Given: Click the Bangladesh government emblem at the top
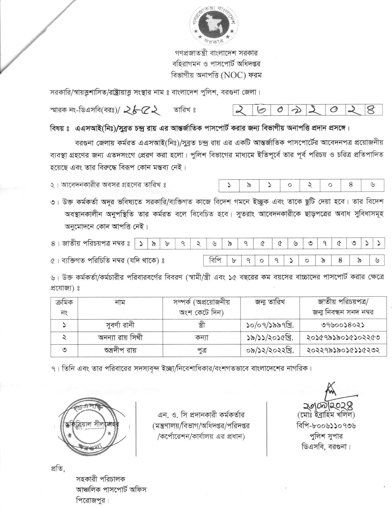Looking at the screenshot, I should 213,24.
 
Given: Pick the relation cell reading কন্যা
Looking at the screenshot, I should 202,337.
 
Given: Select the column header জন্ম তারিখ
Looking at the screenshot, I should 270,302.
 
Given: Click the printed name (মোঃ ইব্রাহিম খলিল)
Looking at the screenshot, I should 326,415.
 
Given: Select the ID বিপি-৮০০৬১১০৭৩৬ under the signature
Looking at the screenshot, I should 326,425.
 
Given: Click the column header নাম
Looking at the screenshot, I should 120,302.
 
